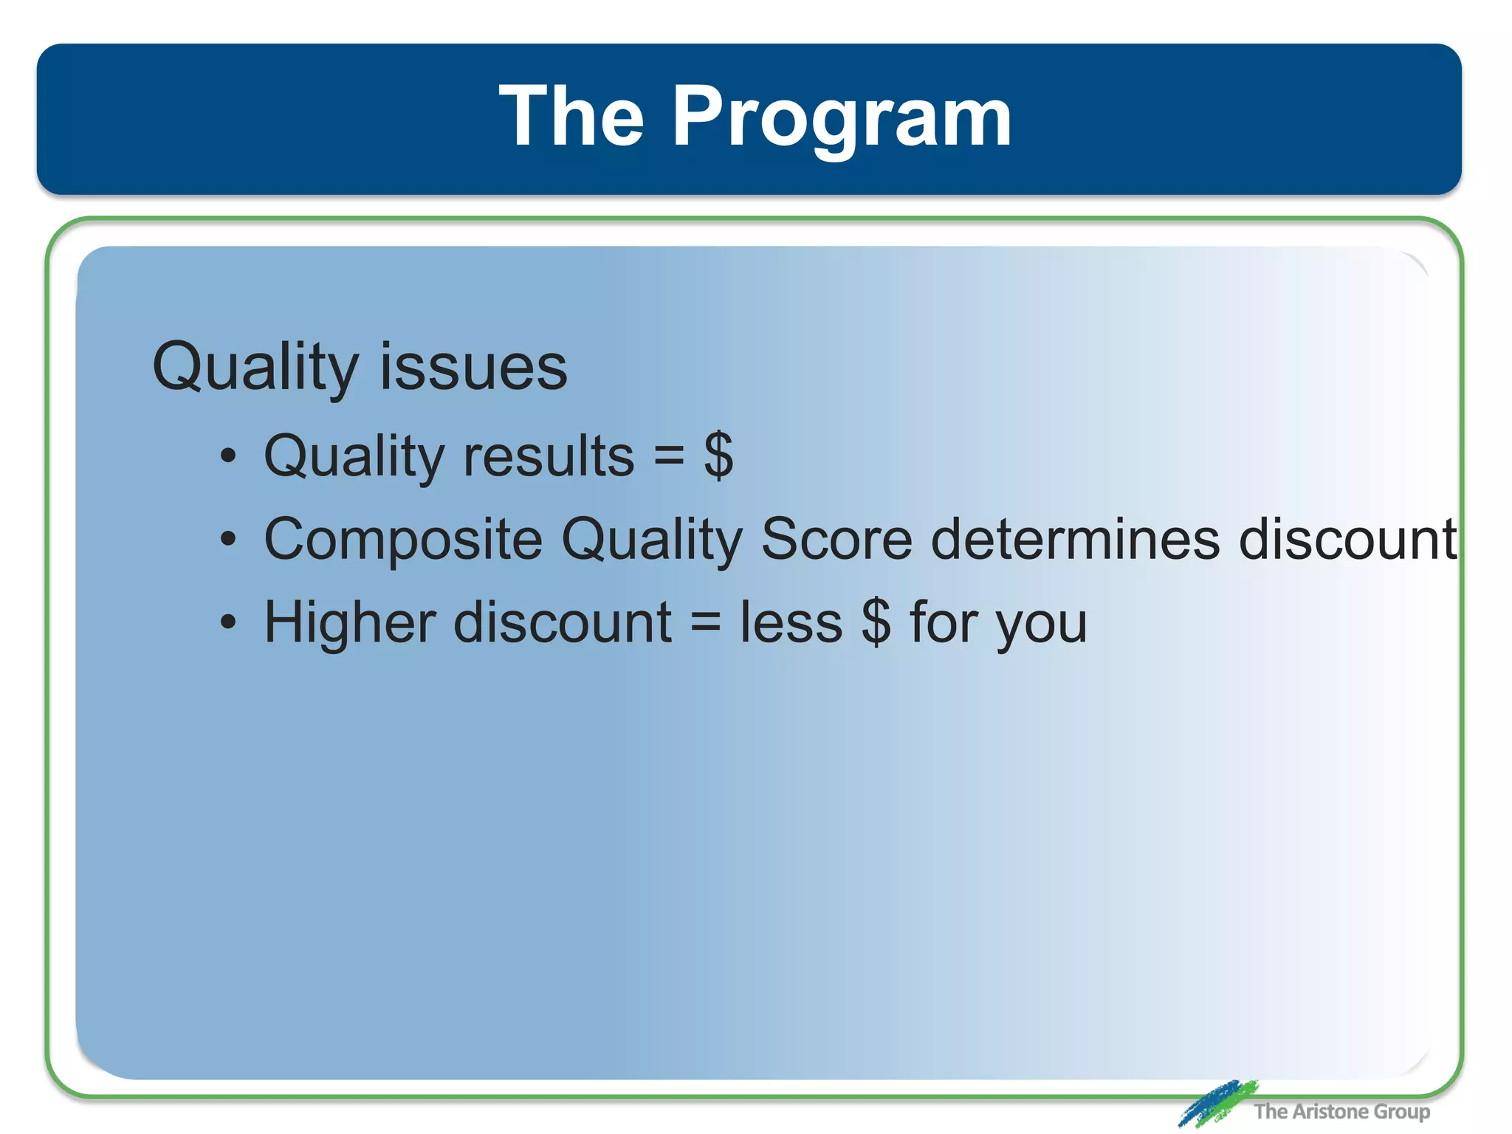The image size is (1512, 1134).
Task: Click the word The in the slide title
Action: [571, 117]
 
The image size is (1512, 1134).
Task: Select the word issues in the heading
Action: [473, 367]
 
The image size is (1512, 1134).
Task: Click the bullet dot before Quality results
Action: [229, 456]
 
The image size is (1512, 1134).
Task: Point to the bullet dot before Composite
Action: [229, 540]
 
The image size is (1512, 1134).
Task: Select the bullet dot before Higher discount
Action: [229, 623]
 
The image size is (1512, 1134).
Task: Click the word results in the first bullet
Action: [549, 456]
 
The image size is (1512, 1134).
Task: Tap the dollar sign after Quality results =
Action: [718, 456]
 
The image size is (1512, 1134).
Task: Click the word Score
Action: [836, 539]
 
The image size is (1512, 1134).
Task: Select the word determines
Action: [1075, 539]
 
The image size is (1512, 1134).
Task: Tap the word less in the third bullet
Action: [791, 623]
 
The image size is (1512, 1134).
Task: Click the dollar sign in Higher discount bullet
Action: [876, 623]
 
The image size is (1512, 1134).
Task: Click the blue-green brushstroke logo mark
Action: [1217, 1104]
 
